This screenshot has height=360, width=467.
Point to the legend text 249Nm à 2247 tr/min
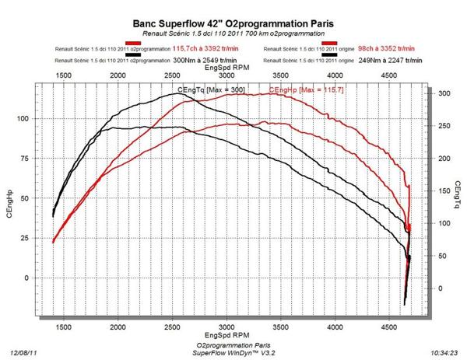click(x=376, y=58)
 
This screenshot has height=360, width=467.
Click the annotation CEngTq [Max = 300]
click(x=211, y=90)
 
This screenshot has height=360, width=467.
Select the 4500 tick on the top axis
click(x=390, y=75)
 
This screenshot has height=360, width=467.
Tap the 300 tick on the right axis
click(x=443, y=93)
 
